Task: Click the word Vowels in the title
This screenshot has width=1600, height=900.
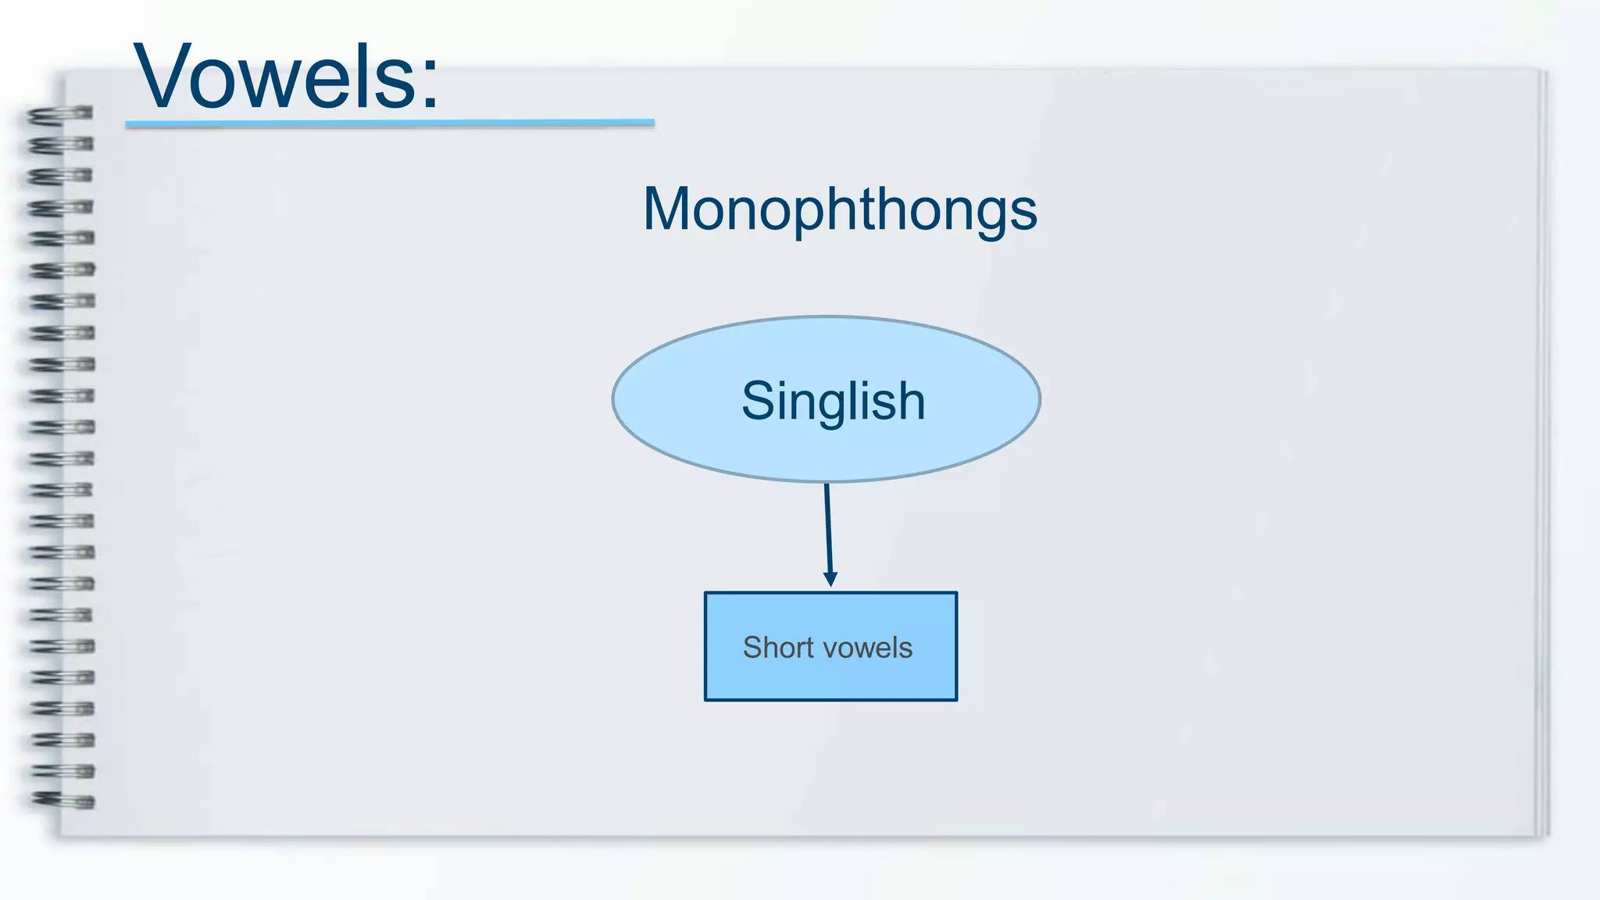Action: pos(273,78)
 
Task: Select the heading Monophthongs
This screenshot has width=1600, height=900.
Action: pos(840,209)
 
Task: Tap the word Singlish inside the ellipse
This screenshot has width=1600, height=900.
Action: pos(833,401)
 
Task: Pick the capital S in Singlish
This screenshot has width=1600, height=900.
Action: pos(758,401)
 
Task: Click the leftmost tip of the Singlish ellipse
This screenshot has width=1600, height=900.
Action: pos(614,399)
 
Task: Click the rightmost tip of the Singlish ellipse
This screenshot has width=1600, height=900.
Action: pos(1039,399)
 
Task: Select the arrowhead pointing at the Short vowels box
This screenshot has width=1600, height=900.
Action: pos(830,579)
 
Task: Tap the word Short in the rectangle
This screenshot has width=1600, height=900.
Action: pos(777,648)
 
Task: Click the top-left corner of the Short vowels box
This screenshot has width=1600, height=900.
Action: pos(706,594)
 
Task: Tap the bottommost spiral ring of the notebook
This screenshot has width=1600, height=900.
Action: pos(62,800)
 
